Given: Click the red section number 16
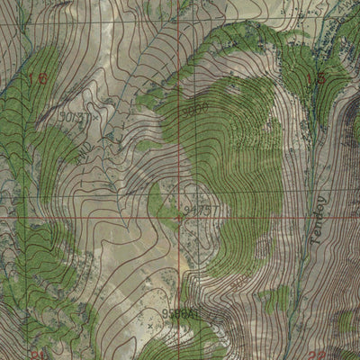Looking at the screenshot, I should click(x=37, y=79).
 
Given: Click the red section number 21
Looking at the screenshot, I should click(x=37, y=354).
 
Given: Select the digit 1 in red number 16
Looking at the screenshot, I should click(x=32, y=79).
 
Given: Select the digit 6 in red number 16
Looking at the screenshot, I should click(x=42, y=79).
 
